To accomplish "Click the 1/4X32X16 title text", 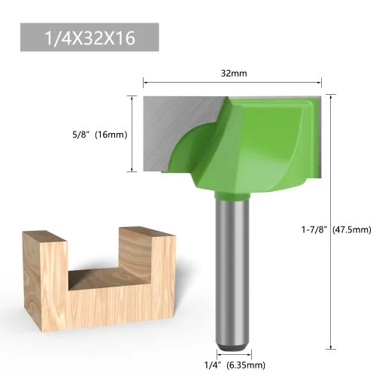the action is pos(89,38).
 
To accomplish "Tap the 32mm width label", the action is pos(234,74).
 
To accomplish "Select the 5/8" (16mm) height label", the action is pos(100,135).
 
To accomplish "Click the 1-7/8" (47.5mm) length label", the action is pos(336,229).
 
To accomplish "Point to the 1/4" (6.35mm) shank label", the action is pos(235,365).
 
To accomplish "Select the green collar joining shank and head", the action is pos(232,196).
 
